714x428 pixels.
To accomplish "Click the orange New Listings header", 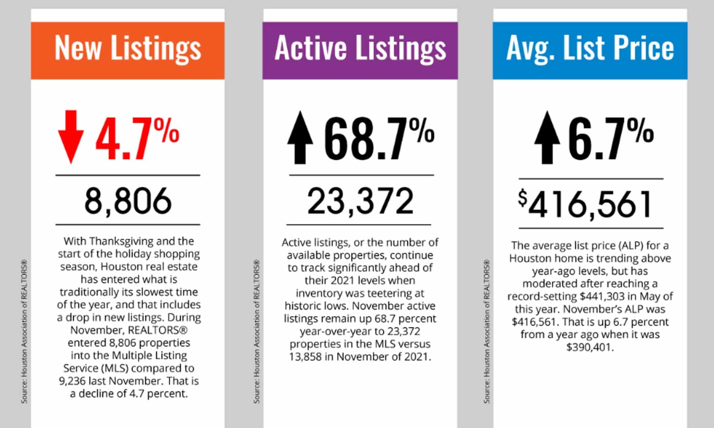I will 128,50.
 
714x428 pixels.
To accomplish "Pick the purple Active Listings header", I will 360,50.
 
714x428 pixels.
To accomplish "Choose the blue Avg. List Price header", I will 590,50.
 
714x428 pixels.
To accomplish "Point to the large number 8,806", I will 128,201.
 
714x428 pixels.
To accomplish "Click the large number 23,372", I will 360,201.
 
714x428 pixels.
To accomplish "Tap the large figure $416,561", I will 586,205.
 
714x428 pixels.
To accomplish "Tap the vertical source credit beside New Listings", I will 24,332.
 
